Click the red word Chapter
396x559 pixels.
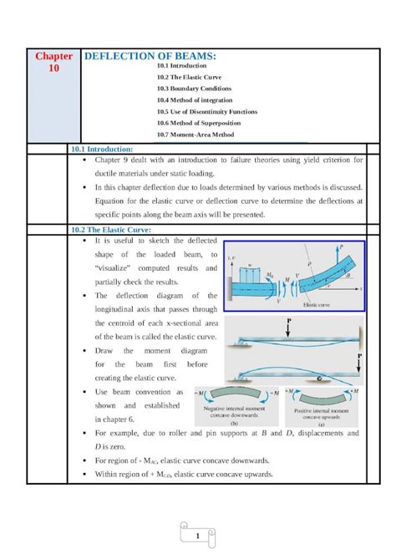click(53, 56)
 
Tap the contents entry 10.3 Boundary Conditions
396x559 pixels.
click(194, 88)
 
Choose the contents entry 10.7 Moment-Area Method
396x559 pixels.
click(195, 134)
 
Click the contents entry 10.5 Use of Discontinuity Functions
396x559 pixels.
click(207, 111)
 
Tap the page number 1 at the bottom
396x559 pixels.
click(197, 535)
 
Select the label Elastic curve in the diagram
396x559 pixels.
click(314, 306)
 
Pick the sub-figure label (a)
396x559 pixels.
click(322, 424)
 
